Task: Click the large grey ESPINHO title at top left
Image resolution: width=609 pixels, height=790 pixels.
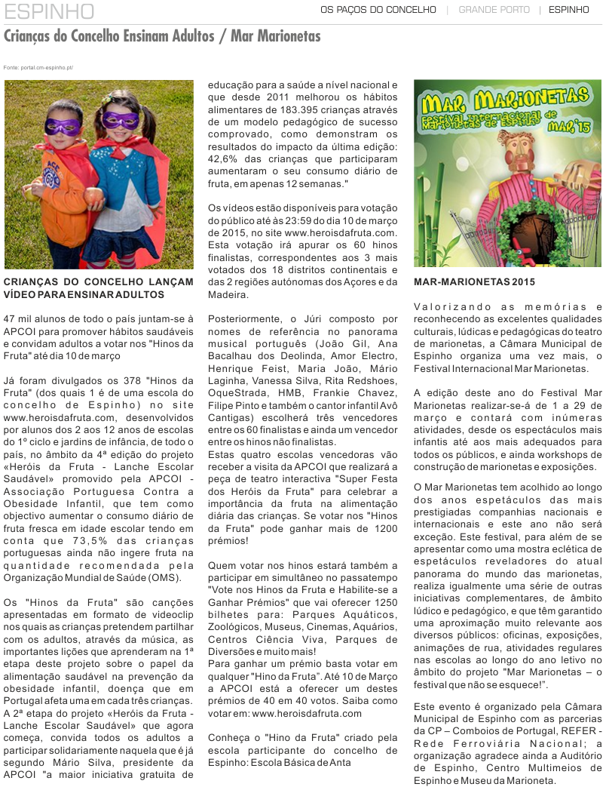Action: (49, 12)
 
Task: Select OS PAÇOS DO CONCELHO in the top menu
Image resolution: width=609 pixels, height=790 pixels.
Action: (378, 10)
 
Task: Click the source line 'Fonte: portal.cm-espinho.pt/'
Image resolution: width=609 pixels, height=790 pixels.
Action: (38, 68)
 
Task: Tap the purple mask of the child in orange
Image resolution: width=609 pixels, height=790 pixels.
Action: (62, 126)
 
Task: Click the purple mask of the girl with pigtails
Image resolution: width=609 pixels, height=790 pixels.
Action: (121, 119)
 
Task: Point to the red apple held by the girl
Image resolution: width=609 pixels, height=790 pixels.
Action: (95, 198)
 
